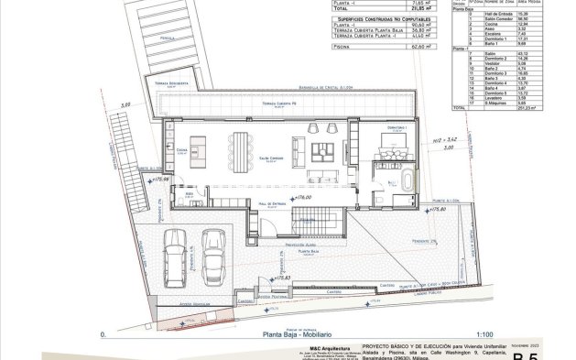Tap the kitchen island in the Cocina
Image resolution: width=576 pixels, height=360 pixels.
[x=202, y=147]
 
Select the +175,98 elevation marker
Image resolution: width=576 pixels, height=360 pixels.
[x=148, y=180]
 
